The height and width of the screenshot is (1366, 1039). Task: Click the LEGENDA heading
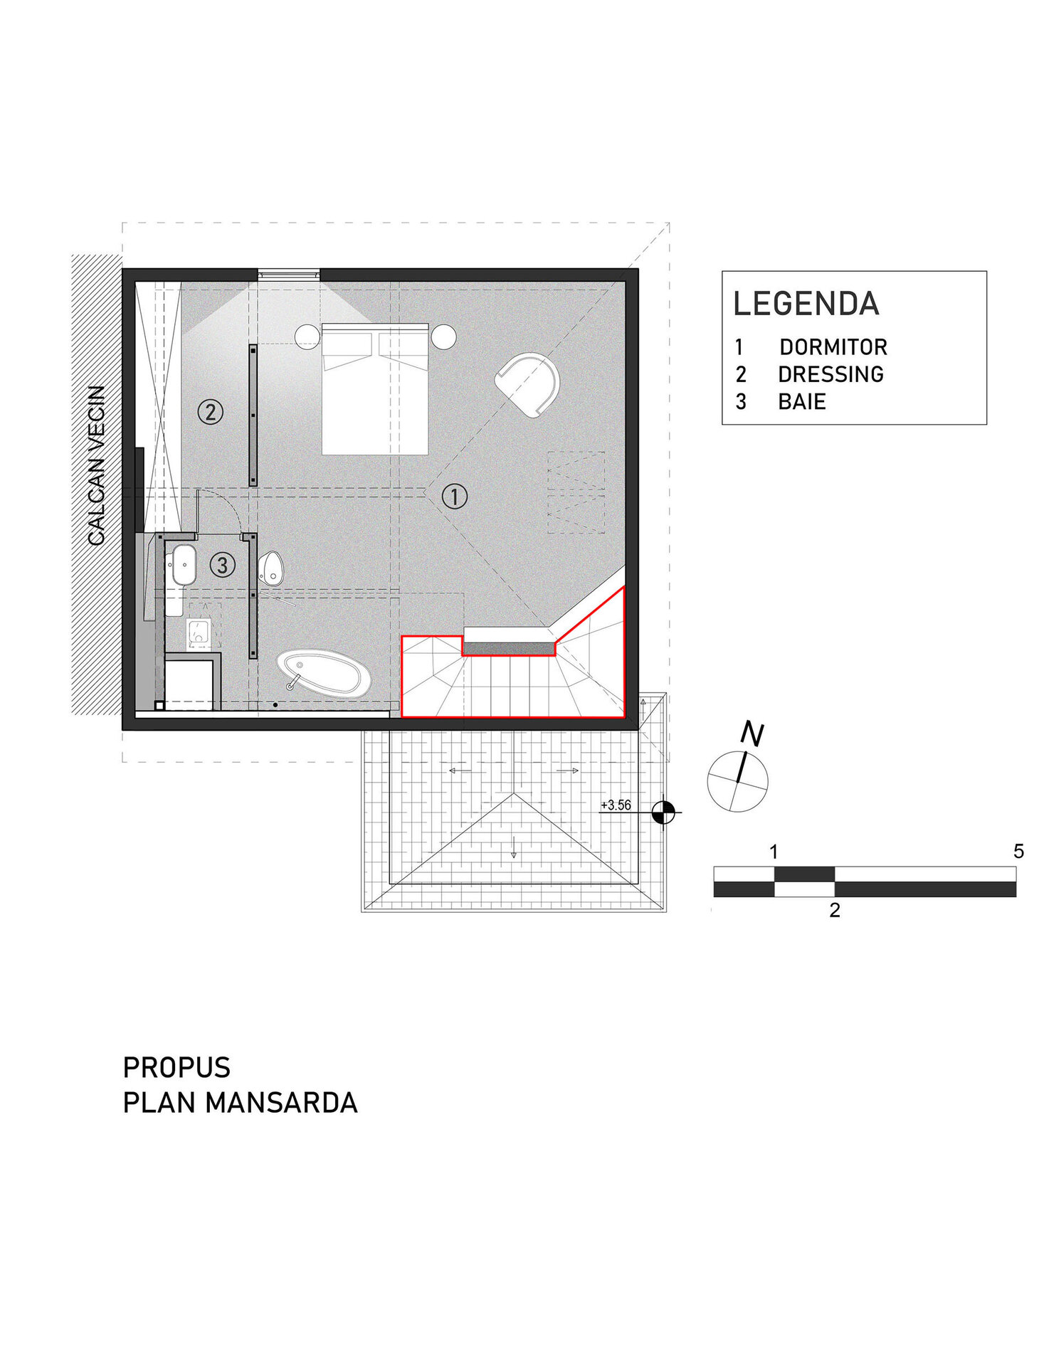pyautogui.click(x=806, y=304)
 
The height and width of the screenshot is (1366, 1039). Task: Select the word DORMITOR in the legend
pyautogui.click(x=833, y=347)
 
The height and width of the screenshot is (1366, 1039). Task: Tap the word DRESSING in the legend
pyautogui.click(x=830, y=374)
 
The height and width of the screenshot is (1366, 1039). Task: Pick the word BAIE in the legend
pyautogui.click(x=802, y=402)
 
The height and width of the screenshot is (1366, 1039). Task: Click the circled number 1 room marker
pyautogui.click(x=455, y=496)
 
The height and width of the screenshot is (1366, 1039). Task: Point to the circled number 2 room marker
pyautogui.click(x=210, y=412)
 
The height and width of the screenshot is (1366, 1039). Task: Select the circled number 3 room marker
pyautogui.click(x=222, y=565)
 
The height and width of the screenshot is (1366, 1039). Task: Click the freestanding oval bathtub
pyautogui.click(x=324, y=672)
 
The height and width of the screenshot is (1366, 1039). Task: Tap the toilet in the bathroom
pyautogui.click(x=270, y=568)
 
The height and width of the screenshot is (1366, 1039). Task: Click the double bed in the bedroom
pyautogui.click(x=375, y=389)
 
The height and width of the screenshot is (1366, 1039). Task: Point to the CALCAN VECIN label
pyautogui.click(x=97, y=466)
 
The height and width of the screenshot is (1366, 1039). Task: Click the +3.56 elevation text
pyautogui.click(x=616, y=805)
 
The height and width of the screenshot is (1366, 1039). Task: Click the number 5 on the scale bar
pyautogui.click(x=1018, y=851)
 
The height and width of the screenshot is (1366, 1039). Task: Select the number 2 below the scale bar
pyautogui.click(x=835, y=910)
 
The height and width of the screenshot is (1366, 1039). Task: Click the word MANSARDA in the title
pyautogui.click(x=281, y=1103)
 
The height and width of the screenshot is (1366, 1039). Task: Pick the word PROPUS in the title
pyautogui.click(x=176, y=1067)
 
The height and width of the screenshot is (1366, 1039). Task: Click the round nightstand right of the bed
pyautogui.click(x=443, y=337)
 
